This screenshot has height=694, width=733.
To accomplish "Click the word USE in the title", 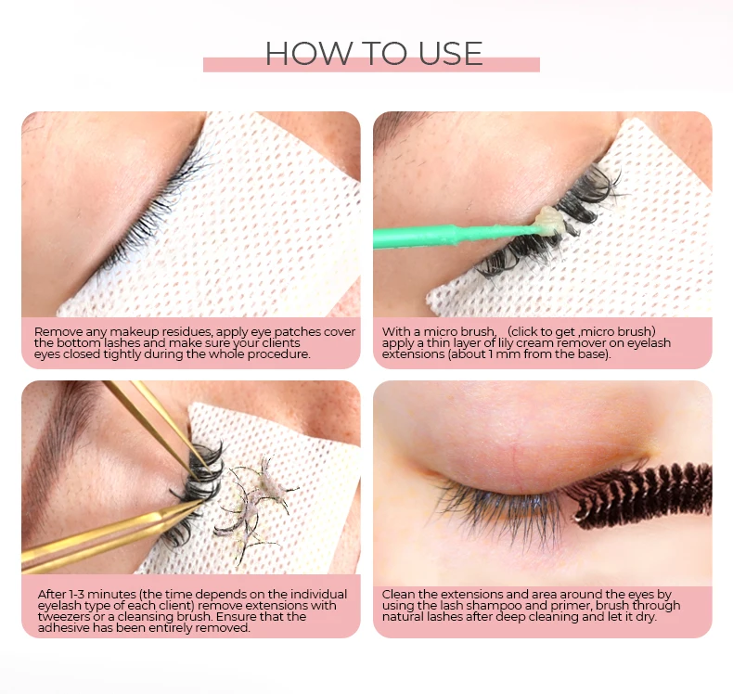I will click(444, 54).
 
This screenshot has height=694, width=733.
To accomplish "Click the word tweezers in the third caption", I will click(69, 617).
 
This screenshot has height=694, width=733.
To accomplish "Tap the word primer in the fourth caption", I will click(572, 605).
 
